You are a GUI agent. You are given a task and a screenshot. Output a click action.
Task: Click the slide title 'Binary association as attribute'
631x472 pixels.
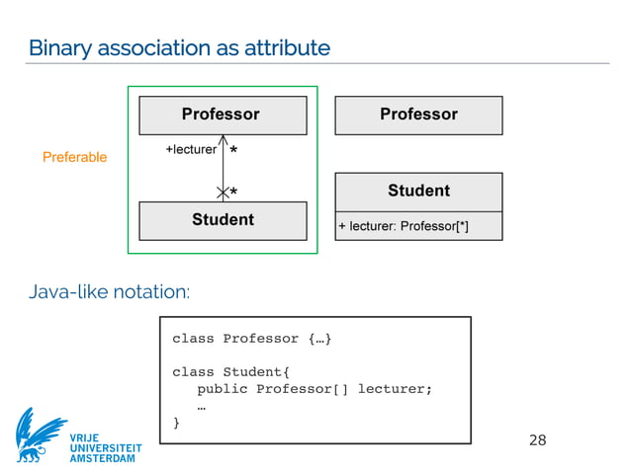179,46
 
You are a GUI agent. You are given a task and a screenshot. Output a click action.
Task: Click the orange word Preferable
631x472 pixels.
74,157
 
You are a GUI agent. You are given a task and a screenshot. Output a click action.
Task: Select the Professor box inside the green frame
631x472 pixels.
221,115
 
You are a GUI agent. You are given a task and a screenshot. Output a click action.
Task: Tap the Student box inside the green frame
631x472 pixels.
223,220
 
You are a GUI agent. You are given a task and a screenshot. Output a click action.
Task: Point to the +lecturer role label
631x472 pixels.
191,150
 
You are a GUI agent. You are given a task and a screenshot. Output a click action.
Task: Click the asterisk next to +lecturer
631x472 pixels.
232,152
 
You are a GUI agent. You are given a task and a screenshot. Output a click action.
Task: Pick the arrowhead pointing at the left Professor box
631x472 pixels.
223,140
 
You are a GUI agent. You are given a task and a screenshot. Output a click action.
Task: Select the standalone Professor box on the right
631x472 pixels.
418,115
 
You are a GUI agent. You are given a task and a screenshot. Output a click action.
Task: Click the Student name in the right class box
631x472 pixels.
418,191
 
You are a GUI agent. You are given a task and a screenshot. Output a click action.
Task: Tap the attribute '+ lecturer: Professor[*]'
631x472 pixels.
404,226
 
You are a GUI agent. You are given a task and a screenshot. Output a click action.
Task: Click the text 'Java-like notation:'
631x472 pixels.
109,291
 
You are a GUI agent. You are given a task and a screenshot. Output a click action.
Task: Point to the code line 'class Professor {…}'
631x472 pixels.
252,339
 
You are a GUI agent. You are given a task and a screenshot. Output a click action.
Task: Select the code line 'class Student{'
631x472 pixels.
231,372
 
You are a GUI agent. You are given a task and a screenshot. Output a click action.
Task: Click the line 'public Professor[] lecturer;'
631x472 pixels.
315,389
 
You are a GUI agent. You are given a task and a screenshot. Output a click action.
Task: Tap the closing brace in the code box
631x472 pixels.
177,423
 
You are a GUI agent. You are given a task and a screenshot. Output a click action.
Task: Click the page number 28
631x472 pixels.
537,439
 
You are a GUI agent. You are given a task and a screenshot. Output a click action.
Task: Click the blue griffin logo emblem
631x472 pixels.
41,433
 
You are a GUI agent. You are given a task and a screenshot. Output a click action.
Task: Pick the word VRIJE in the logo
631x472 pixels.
85,436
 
